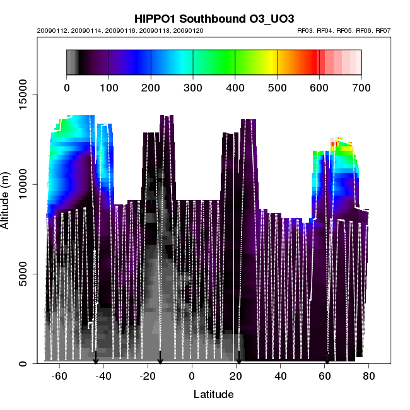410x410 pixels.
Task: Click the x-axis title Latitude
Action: (x=213, y=395)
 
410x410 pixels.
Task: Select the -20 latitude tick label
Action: (x=147, y=377)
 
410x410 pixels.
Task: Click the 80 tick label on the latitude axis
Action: (x=369, y=377)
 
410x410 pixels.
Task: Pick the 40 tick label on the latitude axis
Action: (x=281, y=377)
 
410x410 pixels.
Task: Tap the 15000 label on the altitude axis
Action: (x=22, y=95)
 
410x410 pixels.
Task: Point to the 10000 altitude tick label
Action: (x=22, y=184)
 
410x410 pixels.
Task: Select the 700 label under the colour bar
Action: (x=361, y=87)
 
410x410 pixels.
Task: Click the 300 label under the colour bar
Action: (x=193, y=87)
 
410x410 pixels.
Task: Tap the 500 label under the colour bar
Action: (x=277, y=87)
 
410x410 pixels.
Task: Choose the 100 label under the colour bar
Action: (x=109, y=87)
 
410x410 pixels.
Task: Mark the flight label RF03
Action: (x=305, y=30)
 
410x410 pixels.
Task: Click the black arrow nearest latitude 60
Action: (x=327, y=358)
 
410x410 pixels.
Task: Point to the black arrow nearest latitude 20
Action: (x=239, y=357)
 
